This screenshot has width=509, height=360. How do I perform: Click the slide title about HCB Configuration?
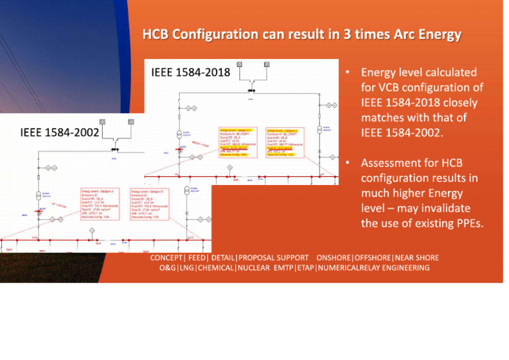click(x=302, y=34)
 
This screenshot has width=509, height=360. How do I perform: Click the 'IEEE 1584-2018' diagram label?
click(x=190, y=72)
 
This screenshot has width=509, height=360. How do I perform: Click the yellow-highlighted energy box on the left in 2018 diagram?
click(x=236, y=142)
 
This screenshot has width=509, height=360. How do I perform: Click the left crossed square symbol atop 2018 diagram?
click(x=239, y=65)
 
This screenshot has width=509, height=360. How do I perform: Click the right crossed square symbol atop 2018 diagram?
click(x=266, y=65)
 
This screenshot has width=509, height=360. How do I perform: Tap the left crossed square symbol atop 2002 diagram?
click(x=103, y=122)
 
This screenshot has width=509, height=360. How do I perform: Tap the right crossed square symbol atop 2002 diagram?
click(x=131, y=122)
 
